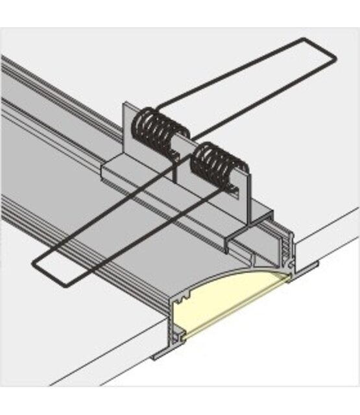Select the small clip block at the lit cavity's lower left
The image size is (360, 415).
pos(179,334)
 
